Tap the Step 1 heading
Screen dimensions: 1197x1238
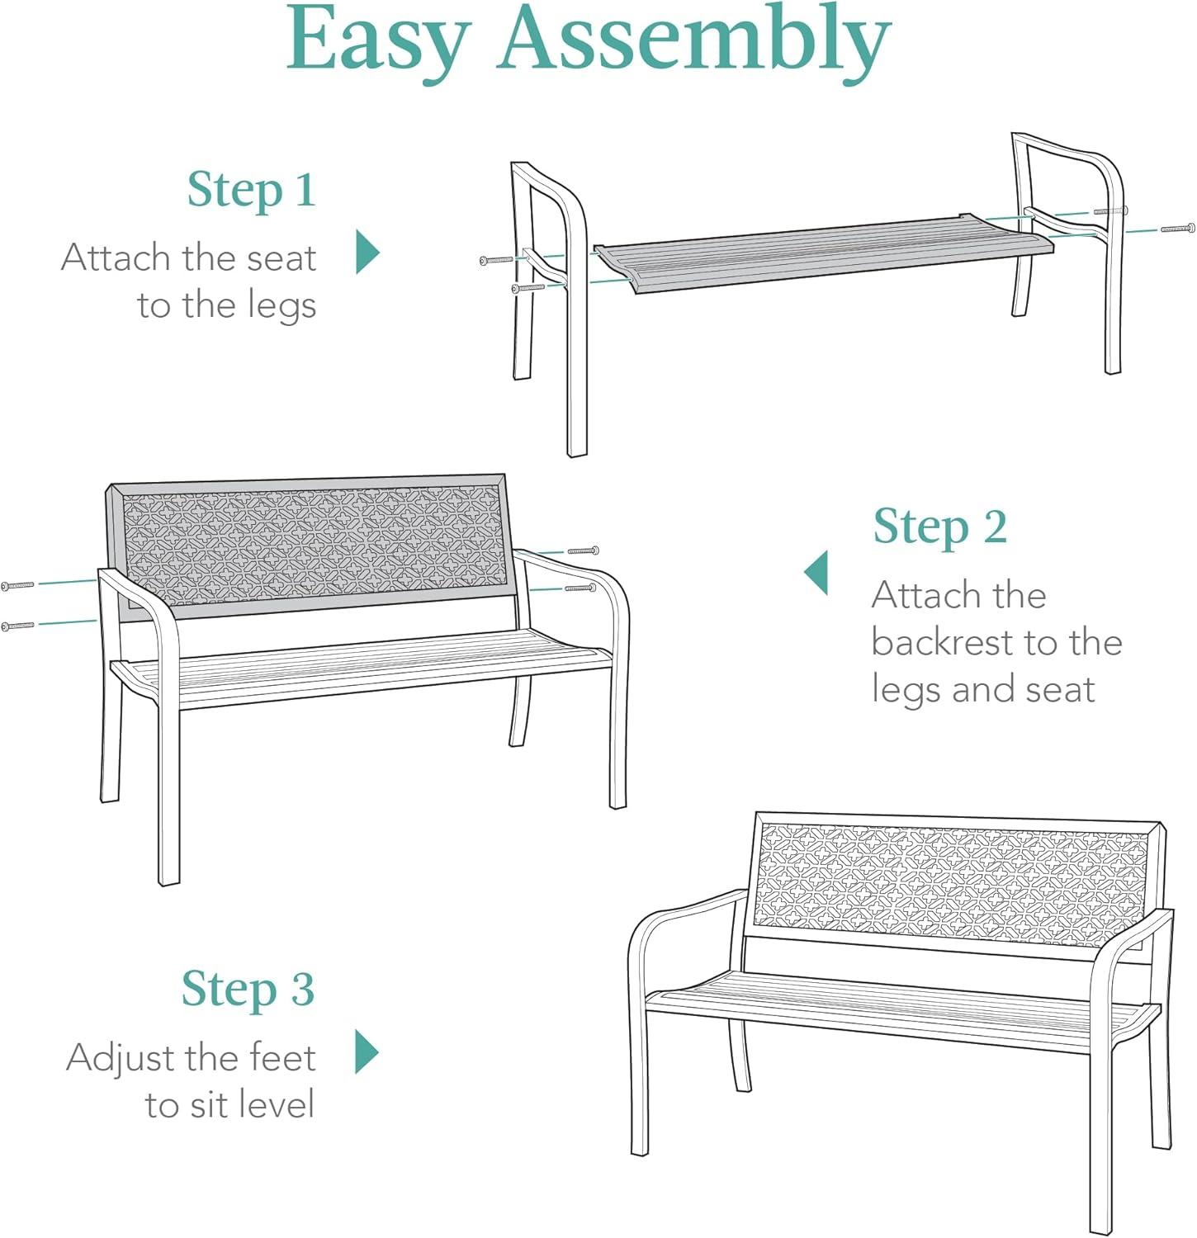[252, 191]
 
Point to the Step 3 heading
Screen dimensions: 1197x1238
[248, 989]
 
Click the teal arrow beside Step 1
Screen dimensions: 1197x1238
[367, 252]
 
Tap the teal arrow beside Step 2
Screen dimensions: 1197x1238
[816, 573]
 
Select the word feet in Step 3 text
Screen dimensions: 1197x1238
[283, 1057]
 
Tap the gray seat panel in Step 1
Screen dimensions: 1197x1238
[824, 253]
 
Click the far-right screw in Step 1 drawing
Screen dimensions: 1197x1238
[1178, 228]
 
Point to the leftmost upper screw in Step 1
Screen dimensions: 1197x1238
[496, 260]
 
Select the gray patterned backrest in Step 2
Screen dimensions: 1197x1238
[310, 546]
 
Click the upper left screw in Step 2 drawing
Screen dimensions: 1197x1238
[17, 585]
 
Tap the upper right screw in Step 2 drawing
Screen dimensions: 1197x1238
[583, 550]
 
